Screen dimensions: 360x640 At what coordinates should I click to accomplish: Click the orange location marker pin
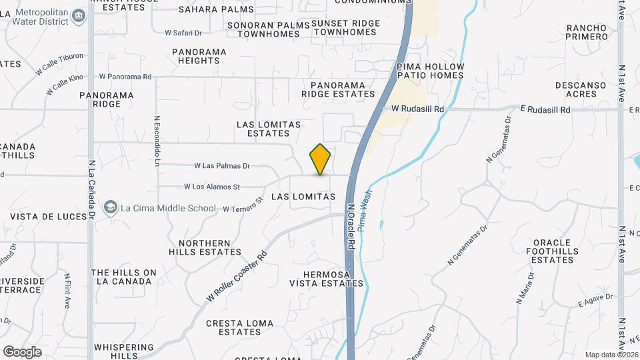pyautogui.click(x=321, y=159)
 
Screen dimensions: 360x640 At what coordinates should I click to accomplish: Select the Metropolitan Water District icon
pyautogui.click(x=79, y=15)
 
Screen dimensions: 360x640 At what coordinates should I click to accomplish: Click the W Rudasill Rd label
pyautogui.click(x=417, y=108)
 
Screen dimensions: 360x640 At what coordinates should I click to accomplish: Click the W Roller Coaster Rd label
pyautogui.click(x=237, y=275)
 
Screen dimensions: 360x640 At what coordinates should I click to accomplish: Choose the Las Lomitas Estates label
pyautogui.click(x=269, y=129)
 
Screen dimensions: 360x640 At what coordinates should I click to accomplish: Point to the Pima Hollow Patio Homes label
pyautogui.click(x=430, y=71)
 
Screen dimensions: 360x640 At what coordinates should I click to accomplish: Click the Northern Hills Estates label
pyautogui.click(x=205, y=247)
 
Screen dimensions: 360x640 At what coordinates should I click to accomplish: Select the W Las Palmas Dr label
pyautogui.click(x=222, y=166)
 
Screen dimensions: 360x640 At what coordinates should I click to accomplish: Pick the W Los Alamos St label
pyautogui.click(x=211, y=187)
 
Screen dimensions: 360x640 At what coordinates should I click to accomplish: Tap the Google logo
pyautogui.click(x=22, y=351)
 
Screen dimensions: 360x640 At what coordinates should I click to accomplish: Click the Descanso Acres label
pyautogui.click(x=581, y=89)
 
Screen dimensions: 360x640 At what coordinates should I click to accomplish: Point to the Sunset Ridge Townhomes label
pyautogui.click(x=346, y=28)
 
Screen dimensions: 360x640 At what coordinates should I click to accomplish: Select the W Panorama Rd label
pyautogui.click(x=125, y=77)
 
